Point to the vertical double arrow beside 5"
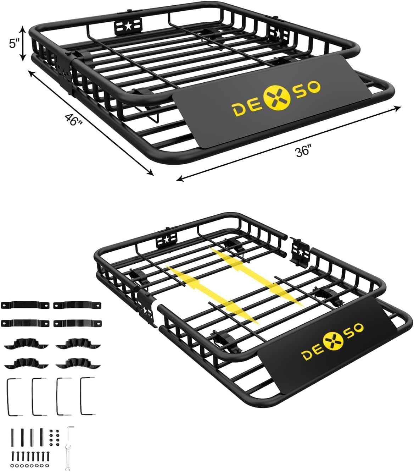point(22,44)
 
